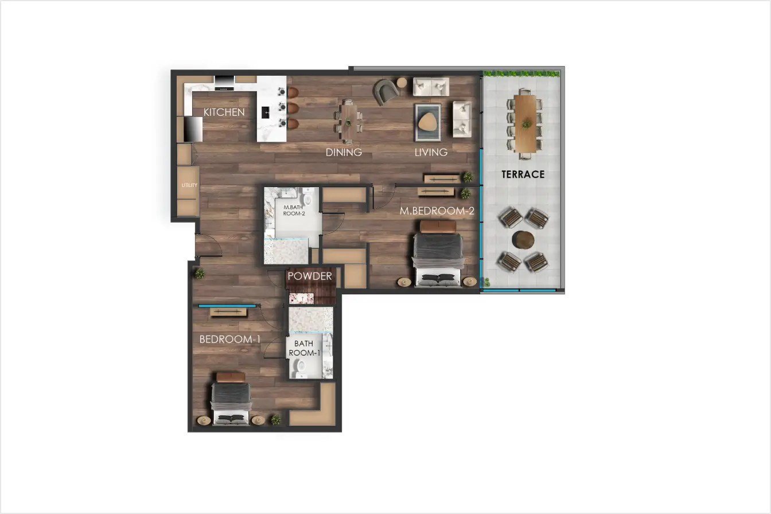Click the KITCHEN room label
(224, 112)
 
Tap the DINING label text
(344, 153)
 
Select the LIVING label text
(431, 153)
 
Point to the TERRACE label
(523, 174)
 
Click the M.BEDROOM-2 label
(437, 211)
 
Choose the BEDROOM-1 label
(229, 340)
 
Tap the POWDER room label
(310, 277)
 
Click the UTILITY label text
(189, 185)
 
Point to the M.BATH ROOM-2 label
(294, 209)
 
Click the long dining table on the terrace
(525, 123)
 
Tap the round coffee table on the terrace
(523, 239)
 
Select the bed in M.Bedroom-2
(438, 255)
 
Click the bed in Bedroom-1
(231, 399)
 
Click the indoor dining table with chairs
(348, 121)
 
